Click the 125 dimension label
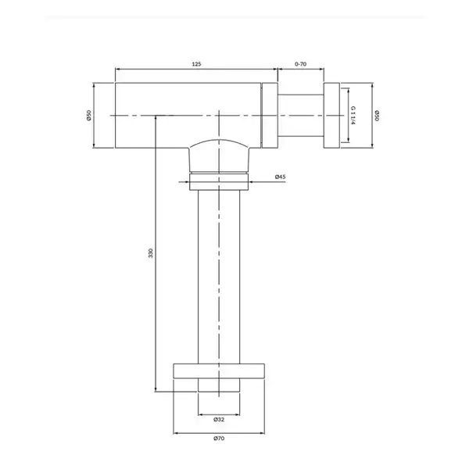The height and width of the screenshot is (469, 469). (196, 64)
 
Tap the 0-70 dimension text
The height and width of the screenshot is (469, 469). (301, 64)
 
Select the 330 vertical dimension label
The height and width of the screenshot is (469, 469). (151, 253)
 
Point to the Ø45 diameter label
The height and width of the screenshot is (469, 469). (281, 177)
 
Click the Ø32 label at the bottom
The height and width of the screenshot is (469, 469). (219, 419)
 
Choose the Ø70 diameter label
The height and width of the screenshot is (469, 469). (219, 439)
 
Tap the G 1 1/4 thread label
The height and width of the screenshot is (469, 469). (353, 115)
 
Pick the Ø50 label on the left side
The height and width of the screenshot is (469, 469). (88, 115)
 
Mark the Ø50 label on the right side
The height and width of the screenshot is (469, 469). (377, 116)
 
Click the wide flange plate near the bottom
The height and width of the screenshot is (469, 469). (219, 371)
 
